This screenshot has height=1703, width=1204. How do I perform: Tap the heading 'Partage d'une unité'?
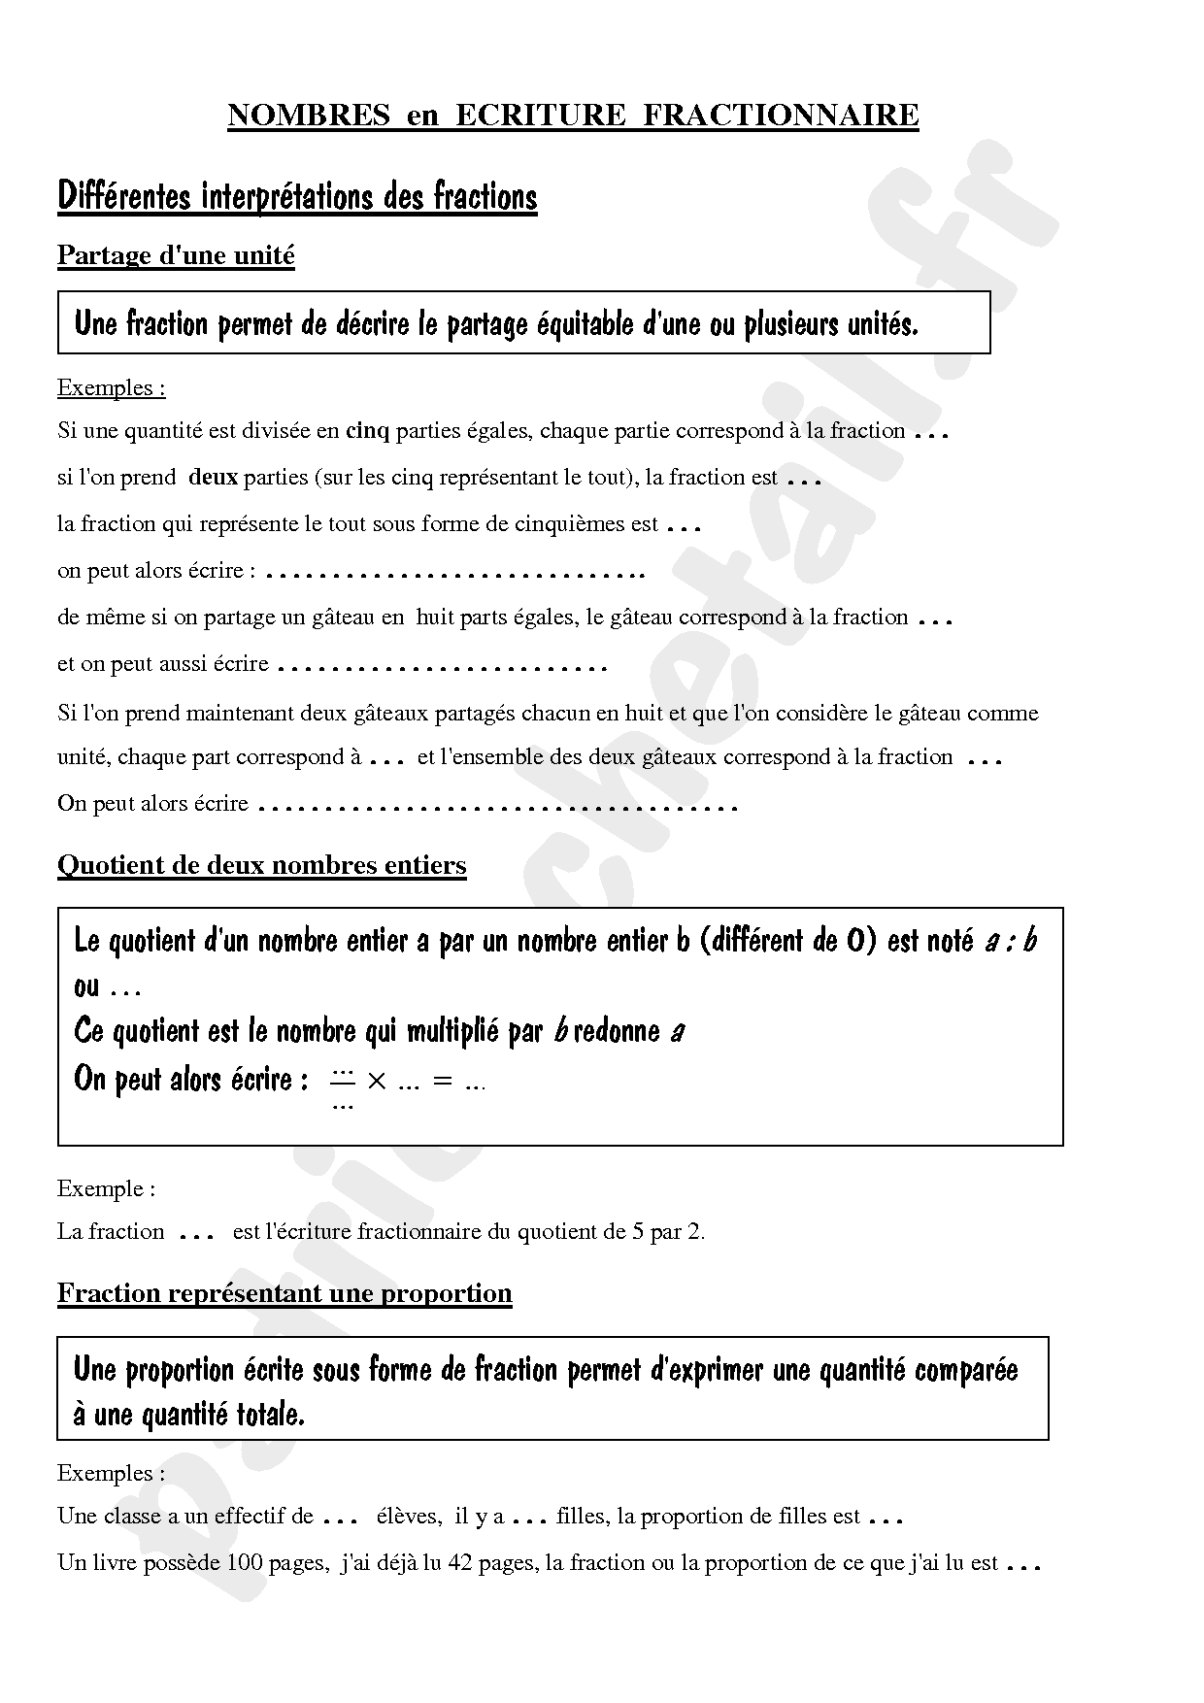click(176, 255)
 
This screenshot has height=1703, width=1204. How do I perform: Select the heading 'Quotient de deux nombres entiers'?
click(261, 865)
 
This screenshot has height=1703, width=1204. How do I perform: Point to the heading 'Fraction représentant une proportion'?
click(284, 1293)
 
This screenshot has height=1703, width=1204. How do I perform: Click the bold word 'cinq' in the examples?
click(367, 431)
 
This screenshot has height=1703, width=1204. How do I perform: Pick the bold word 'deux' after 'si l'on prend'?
click(213, 478)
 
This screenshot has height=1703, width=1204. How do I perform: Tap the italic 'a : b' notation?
click(1010, 941)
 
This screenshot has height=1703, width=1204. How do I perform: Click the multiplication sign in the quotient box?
click(377, 1081)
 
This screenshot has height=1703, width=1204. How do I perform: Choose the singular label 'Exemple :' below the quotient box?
click(106, 1188)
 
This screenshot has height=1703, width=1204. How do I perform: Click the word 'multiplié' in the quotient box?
click(453, 1031)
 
